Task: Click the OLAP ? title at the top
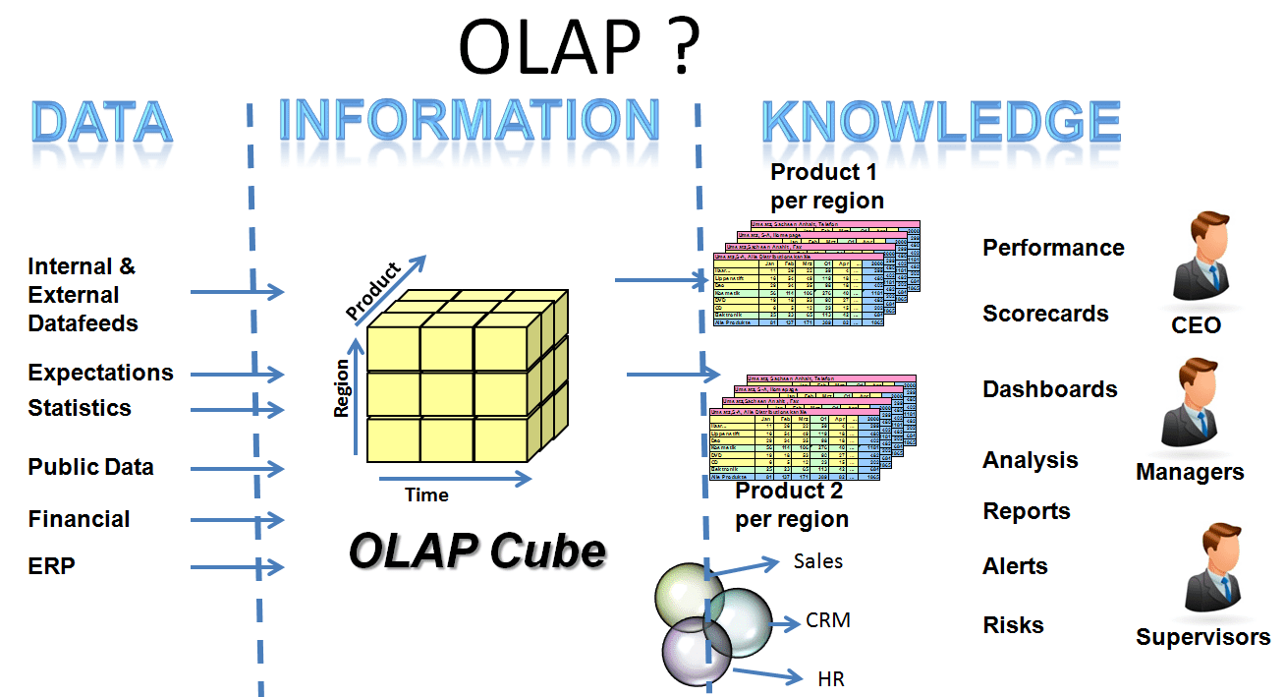[579, 46]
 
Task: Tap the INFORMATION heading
[470, 122]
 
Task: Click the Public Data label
[90, 467]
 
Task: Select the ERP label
[51, 565]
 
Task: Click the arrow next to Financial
[236, 519]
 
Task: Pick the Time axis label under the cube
[426, 495]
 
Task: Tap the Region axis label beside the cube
[342, 388]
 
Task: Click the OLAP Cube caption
[477, 551]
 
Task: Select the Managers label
[1190, 472]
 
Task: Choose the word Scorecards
[1045, 314]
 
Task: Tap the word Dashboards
[1050, 389]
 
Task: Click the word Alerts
[1015, 566]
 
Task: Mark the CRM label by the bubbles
[828, 620]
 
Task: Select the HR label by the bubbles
[830, 678]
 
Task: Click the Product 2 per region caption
[791, 505]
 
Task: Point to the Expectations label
[100, 373]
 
